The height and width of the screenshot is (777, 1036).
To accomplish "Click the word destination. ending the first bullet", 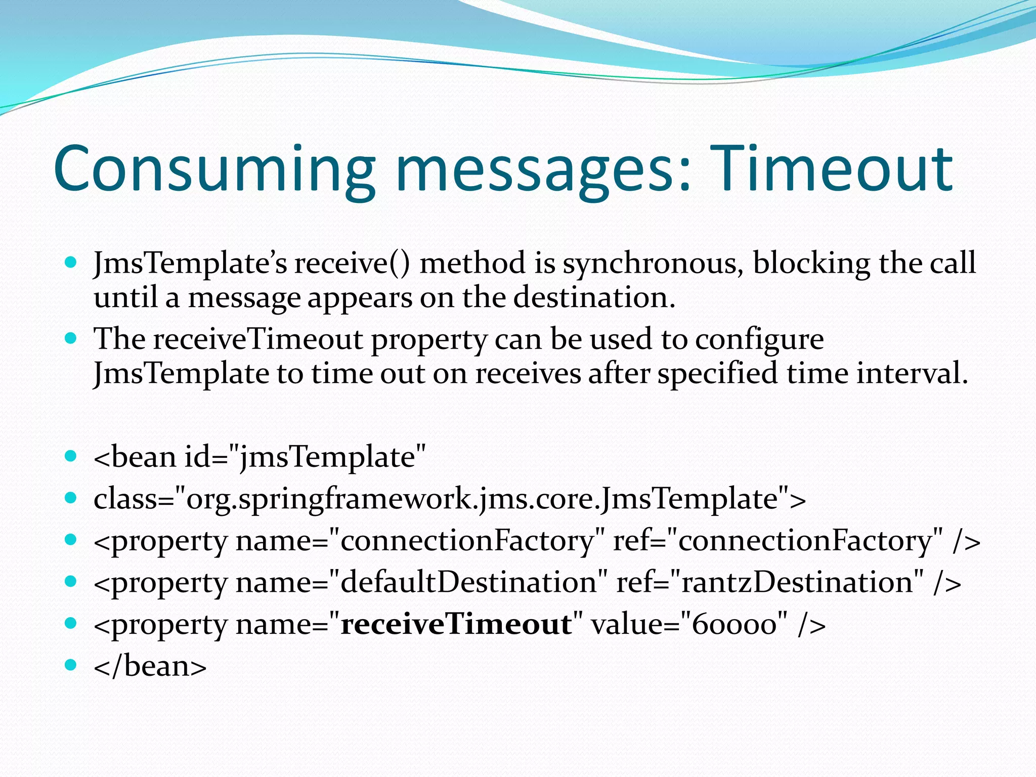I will point(594,297).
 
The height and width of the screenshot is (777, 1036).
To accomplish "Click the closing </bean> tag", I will point(150,666).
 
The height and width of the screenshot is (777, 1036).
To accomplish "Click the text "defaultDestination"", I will point(468,582).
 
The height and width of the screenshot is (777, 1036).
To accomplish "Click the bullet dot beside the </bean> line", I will point(71,664).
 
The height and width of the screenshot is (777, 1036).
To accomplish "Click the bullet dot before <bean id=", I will point(71,456).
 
